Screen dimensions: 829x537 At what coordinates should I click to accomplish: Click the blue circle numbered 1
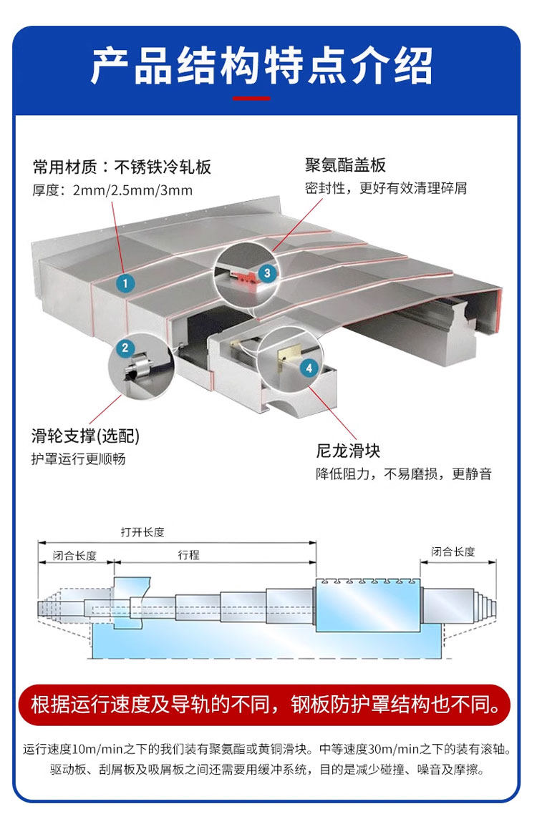(x=125, y=283)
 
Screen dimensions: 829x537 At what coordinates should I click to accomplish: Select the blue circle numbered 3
(x=266, y=273)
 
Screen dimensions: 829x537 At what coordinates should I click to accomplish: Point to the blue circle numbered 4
(x=309, y=368)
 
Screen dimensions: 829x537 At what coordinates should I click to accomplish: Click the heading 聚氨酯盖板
(x=345, y=165)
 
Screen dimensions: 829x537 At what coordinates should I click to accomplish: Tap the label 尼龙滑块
(x=348, y=451)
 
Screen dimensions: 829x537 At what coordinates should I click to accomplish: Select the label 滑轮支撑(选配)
(x=86, y=436)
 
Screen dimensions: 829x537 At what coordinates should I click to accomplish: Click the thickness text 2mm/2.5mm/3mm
(x=132, y=190)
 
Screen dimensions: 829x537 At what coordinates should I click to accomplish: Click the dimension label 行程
(x=189, y=555)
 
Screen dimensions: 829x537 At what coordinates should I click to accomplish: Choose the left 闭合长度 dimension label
(x=74, y=556)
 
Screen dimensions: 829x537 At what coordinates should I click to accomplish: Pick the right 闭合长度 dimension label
(x=453, y=551)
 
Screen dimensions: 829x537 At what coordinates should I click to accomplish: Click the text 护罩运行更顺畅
(x=79, y=458)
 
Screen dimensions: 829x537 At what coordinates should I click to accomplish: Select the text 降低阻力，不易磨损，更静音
(x=404, y=474)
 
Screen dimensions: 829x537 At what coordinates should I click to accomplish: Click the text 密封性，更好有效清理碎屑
(x=386, y=188)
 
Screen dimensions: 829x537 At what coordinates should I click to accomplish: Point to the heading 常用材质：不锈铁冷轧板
(x=122, y=167)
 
